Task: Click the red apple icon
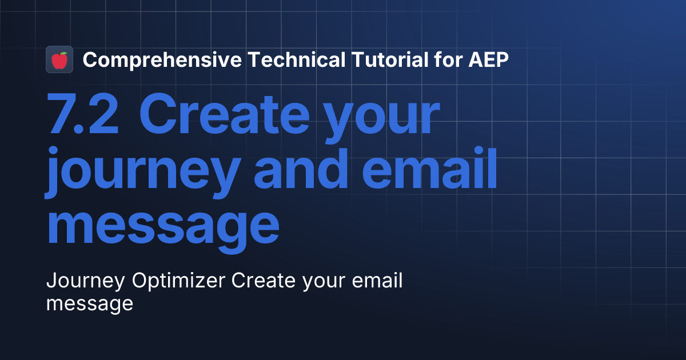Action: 59,60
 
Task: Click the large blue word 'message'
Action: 162,227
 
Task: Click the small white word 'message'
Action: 89,303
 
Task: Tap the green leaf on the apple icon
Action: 62,54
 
